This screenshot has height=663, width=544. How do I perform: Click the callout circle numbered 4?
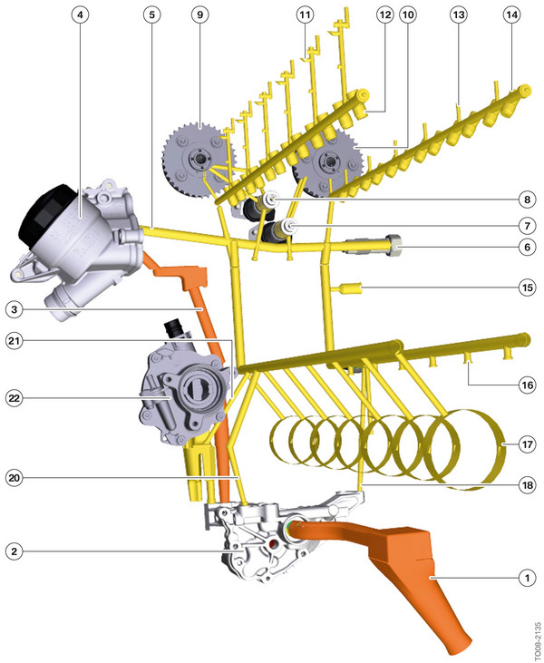[x=82, y=15]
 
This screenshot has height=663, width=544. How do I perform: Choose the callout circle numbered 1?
[x=523, y=576]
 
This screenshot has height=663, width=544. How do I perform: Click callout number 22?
[x=14, y=397]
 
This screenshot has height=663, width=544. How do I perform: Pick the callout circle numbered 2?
[x=14, y=550]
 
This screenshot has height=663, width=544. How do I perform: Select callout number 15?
[x=523, y=288]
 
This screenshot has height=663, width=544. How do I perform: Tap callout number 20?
[x=14, y=476]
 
